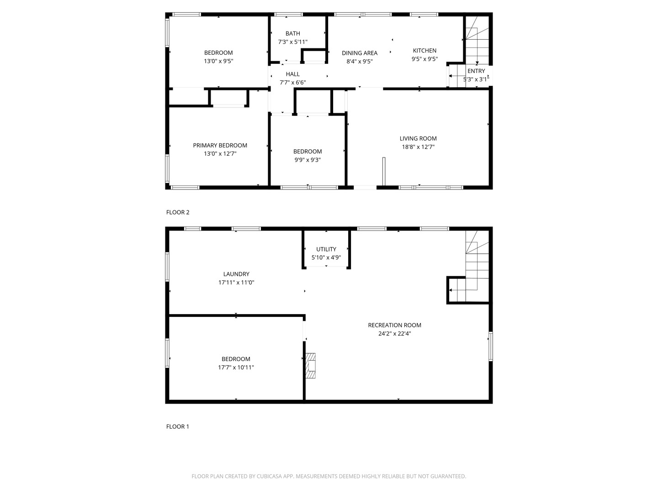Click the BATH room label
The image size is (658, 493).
click(292, 33)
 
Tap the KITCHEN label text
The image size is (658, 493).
click(425, 51)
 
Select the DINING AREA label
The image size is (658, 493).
click(359, 53)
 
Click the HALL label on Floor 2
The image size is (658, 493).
click(292, 74)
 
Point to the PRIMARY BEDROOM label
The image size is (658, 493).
click(220, 146)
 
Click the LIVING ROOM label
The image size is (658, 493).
click(418, 139)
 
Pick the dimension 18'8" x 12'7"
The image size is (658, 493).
click(418, 147)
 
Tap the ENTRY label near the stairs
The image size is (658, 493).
click(476, 71)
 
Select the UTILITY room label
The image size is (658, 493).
click(326, 249)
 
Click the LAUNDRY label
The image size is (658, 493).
click(236, 274)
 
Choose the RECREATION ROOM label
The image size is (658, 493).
click(394, 325)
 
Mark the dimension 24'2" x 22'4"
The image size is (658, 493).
click(394, 334)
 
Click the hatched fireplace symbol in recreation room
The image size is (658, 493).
click(311, 366)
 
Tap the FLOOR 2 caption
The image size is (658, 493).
click(177, 212)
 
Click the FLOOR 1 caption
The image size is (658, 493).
click(177, 427)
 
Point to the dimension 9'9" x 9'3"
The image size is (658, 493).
click(307, 160)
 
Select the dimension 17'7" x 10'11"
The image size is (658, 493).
click(236, 367)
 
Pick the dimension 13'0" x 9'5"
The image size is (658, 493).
click(218, 61)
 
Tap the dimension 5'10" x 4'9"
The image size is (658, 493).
click(326, 257)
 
